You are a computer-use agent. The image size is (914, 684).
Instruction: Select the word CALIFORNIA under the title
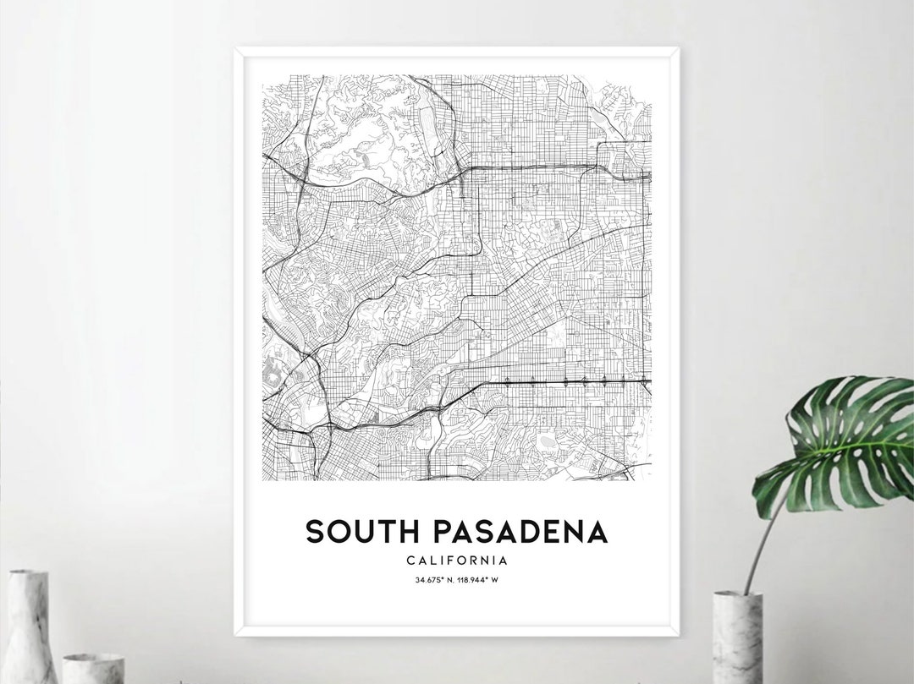coord(457,560)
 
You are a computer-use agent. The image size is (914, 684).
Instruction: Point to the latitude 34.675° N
coord(433,580)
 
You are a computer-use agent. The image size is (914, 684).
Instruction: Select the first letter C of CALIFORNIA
coord(410,560)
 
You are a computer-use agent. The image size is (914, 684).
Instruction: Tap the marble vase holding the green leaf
coord(737,638)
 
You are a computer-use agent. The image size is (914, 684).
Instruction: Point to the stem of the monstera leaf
coord(762,541)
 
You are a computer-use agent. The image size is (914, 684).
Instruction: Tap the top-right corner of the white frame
coord(678,49)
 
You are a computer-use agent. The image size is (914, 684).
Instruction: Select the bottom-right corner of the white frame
coord(678,633)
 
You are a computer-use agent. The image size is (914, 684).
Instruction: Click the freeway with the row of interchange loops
coord(575,381)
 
